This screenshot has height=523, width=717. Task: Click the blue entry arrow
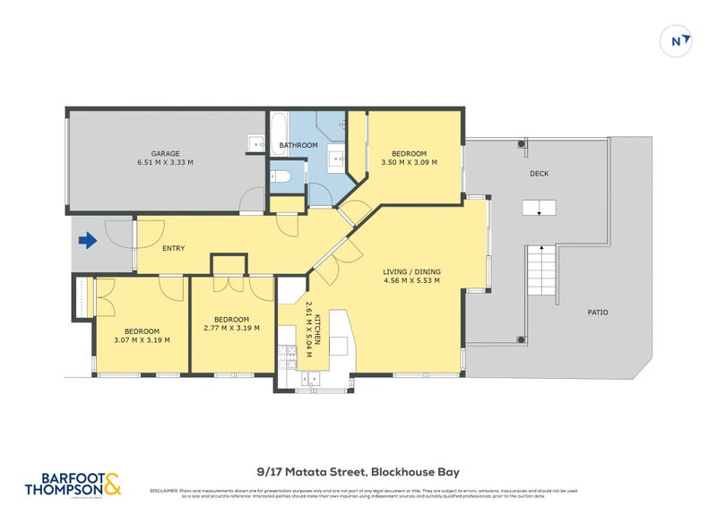coord(87,240)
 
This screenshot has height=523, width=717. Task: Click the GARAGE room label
coord(165,153)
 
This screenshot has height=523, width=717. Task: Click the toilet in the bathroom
coord(280,176)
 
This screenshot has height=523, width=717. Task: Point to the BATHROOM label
coord(298,145)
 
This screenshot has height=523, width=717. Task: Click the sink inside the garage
coord(255,142)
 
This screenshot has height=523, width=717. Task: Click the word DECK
coord(539,174)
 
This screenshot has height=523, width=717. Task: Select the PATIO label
coord(598,313)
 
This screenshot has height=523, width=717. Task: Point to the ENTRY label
coord(174,248)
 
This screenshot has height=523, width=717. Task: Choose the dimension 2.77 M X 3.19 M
coord(231,329)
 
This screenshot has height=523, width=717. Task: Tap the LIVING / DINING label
coord(411,271)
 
